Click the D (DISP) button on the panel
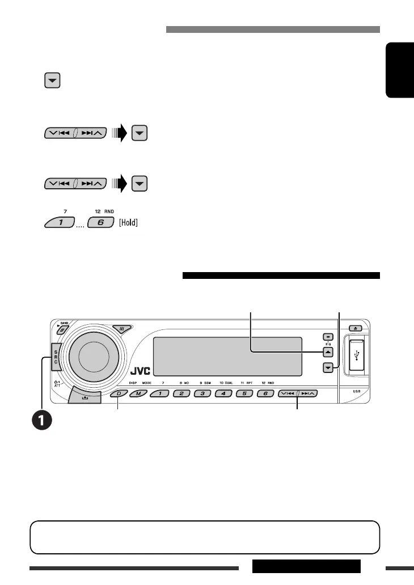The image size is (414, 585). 119,393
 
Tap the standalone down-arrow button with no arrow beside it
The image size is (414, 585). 52,81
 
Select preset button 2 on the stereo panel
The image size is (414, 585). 182,393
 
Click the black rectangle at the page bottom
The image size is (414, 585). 306,566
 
